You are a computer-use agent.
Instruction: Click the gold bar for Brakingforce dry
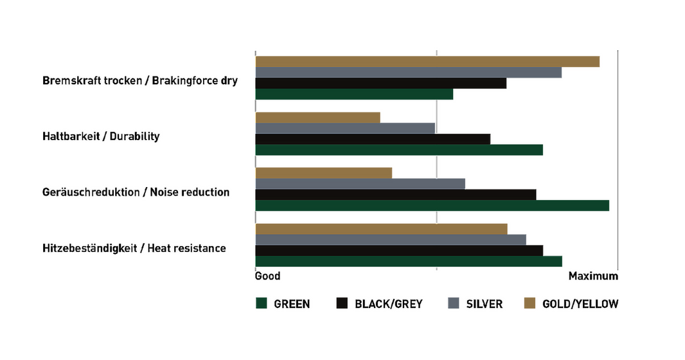427,62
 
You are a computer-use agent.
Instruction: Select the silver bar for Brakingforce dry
409,73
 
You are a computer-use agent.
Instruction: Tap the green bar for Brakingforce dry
354,94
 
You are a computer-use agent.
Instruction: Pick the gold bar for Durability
317,118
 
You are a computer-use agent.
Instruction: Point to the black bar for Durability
373,139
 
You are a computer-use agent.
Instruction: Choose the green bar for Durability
399,150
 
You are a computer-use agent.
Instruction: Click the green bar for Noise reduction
432,205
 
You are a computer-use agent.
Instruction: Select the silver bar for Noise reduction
360,183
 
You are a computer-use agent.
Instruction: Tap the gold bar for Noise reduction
324,173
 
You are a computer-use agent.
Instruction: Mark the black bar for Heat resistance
399,250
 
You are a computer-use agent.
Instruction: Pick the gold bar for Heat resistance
382,229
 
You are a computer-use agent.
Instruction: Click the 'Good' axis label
267,276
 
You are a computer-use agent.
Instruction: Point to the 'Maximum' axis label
593,276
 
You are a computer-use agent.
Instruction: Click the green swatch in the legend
262,303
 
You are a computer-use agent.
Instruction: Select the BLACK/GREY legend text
389,303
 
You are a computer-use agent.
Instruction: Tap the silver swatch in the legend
454,303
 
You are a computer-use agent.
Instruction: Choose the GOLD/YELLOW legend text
580,303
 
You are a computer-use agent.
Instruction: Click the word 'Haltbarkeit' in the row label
71,136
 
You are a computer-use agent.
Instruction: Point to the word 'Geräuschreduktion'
91,192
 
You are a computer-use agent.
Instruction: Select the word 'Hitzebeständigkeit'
90,248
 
